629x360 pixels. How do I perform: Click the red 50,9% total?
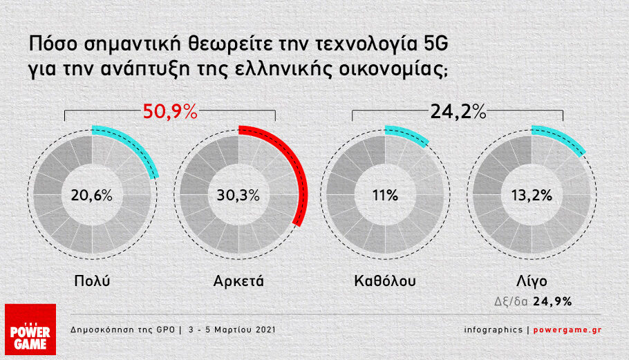click(x=170, y=111)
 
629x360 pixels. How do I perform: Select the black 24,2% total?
click(x=458, y=111)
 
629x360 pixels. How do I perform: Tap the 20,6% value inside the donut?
click(x=92, y=196)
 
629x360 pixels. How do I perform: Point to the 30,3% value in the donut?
click(x=238, y=196)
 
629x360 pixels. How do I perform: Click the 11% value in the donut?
click(x=385, y=196)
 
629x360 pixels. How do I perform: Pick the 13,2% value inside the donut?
click(x=532, y=196)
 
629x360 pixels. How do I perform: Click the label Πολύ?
click(x=92, y=281)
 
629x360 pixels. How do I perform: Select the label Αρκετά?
click(x=238, y=281)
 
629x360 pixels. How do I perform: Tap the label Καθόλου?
click(x=385, y=281)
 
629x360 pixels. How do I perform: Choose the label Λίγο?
click(x=532, y=281)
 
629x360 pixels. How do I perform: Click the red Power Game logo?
click(x=30, y=329)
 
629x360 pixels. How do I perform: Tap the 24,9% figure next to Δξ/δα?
click(x=552, y=301)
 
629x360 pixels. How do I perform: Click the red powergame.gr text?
click(x=567, y=330)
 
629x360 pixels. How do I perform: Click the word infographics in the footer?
click(x=494, y=330)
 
